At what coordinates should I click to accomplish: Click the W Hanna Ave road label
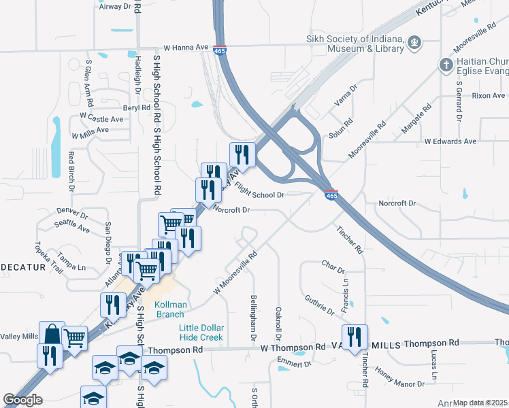coord(185,48)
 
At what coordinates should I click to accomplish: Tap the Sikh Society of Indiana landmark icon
coord(414,44)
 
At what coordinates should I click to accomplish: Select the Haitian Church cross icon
coord(446,65)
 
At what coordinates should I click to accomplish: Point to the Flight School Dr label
coord(258,190)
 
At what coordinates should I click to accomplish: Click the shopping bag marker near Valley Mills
coord(52,334)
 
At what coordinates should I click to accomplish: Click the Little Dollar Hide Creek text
coord(201,333)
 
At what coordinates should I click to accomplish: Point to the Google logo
coord(22,400)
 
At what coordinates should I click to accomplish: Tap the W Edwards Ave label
coord(450,141)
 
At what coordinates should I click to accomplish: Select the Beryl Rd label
coord(136,108)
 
